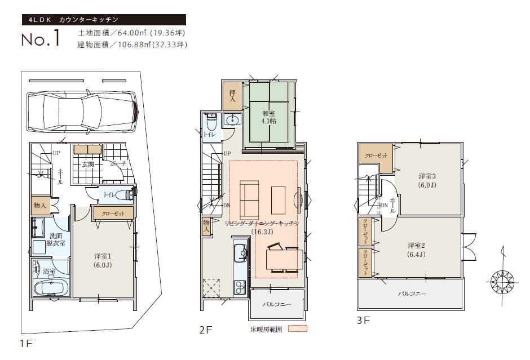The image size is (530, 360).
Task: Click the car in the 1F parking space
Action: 81,112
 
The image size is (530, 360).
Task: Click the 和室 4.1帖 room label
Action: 268,117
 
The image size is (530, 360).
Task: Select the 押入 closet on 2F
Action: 232,96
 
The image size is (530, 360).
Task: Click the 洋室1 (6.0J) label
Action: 103,260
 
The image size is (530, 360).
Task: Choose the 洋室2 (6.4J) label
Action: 417,250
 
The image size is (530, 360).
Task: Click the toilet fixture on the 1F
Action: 125,194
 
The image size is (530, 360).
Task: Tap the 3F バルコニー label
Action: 412,294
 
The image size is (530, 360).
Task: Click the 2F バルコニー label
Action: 277,304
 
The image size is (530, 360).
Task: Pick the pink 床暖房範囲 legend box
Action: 298,328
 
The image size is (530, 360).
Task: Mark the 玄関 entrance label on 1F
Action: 87,165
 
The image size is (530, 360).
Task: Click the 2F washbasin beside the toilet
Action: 232,119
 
